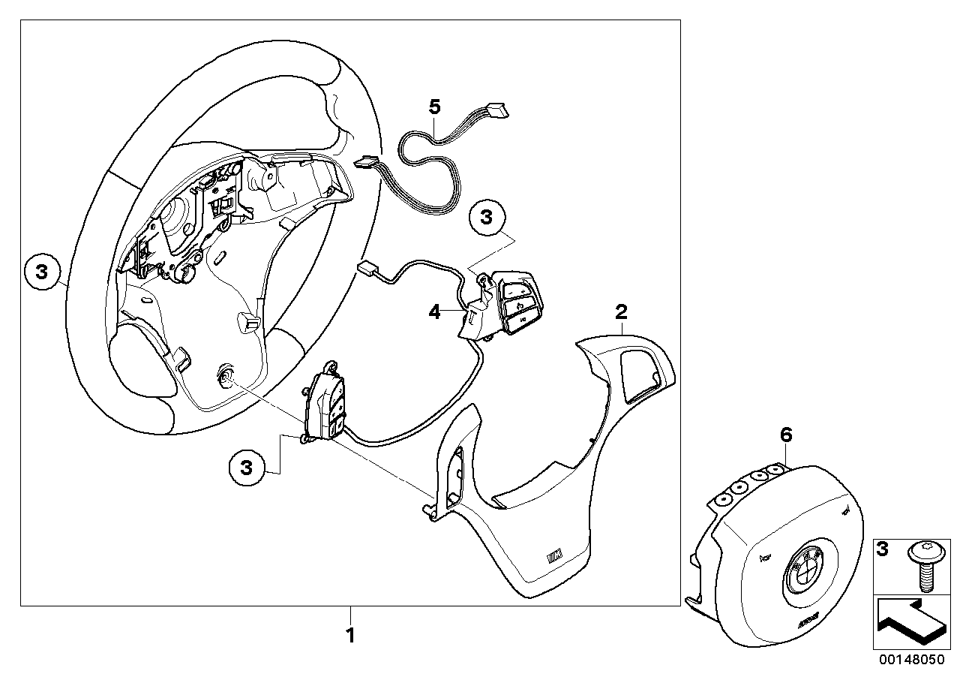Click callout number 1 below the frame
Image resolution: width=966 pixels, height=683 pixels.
pyautogui.click(x=349, y=636)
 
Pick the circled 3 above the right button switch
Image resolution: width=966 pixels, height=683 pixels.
pyautogui.click(x=487, y=218)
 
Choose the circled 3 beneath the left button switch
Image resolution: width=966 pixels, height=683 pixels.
pyautogui.click(x=247, y=467)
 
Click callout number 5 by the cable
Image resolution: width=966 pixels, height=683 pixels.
pyautogui.click(x=435, y=107)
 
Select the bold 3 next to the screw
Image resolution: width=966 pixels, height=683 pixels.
pyautogui.click(x=883, y=550)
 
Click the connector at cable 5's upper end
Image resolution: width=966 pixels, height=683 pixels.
pyautogui.click(x=497, y=110)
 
